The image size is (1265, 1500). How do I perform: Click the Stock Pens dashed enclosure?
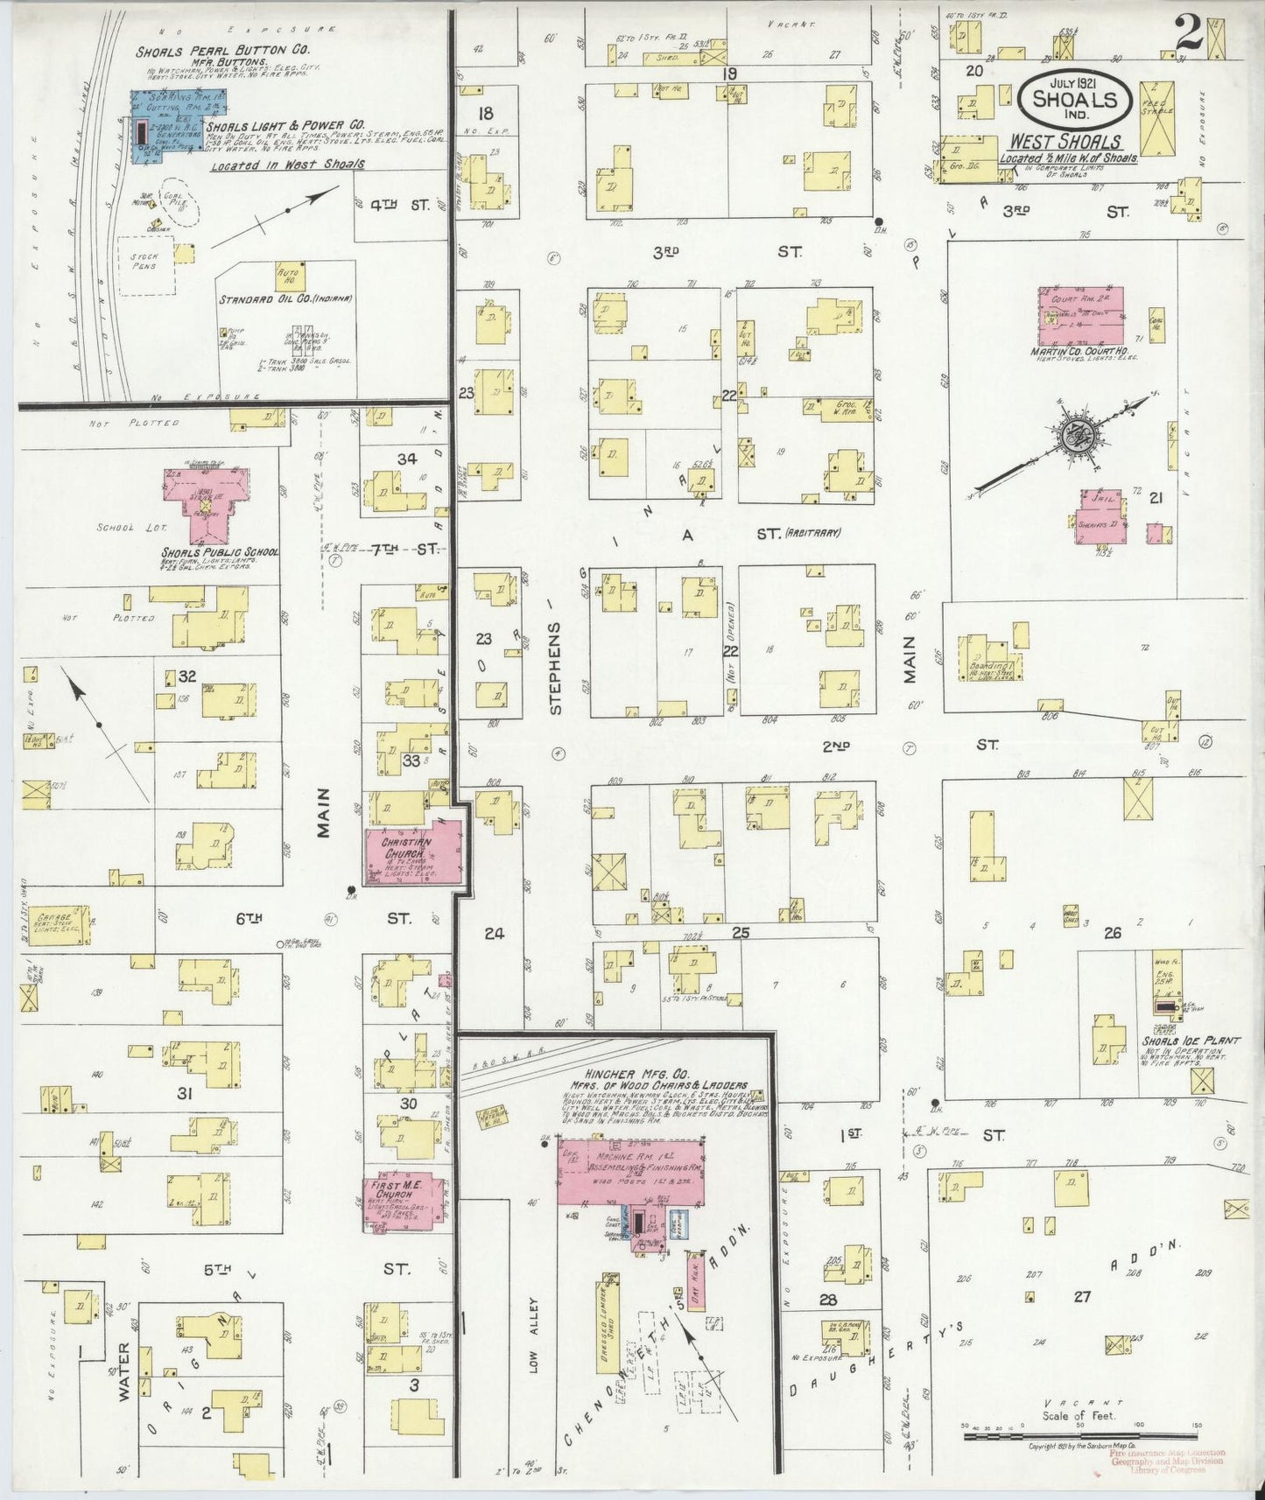(x=144, y=264)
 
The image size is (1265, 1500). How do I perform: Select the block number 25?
(x=741, y=933)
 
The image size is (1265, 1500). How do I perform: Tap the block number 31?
(x=185, y=1093)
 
